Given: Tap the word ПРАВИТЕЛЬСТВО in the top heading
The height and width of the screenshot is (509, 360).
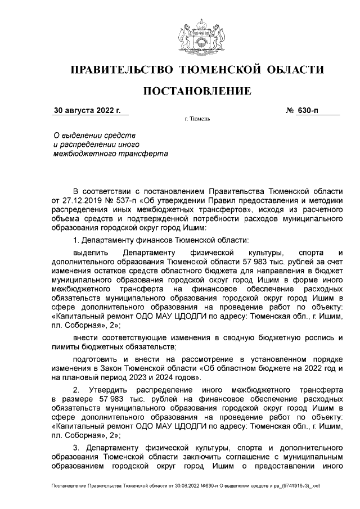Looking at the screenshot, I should click(x=120, y=70).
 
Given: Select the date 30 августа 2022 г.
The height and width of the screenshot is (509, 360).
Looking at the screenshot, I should click(x=88, y=111).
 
